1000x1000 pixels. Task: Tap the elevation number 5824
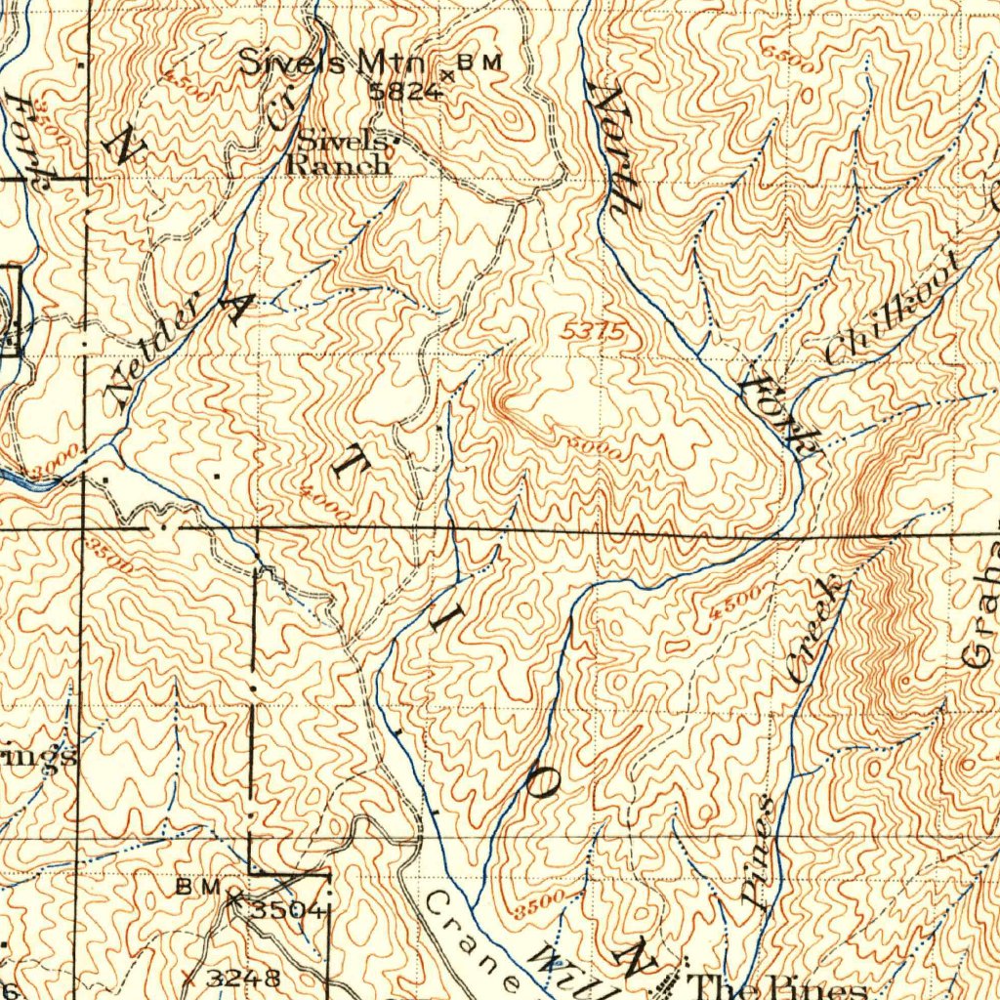pyautogui.click(x=406, y=91)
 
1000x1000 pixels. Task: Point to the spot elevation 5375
pyautogui.click(x=594, y=332)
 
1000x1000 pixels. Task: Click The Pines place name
pyautogui.click(x=776, y=986)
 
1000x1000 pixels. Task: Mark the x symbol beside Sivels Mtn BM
pyautogui.click(x=448, y=74)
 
